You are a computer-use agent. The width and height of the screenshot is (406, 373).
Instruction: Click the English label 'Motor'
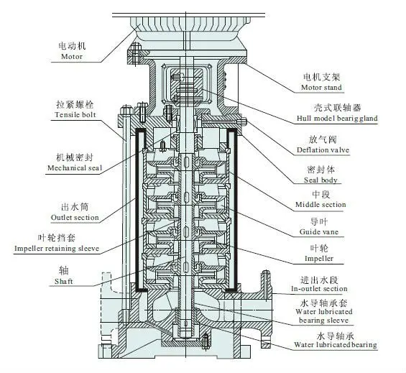tap(72, 57)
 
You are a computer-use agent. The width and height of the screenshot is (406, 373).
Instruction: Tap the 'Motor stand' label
tap(321, 88)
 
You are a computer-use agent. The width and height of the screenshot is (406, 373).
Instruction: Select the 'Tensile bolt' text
tap(75, 115)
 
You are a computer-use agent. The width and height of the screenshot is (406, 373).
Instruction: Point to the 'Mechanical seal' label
tap(75, 168)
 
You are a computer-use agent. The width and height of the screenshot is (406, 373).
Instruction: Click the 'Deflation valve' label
tap(323, 150)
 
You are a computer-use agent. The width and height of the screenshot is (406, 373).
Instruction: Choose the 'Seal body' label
tap(320, 180)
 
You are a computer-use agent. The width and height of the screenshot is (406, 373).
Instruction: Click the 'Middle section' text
tap(320, 205)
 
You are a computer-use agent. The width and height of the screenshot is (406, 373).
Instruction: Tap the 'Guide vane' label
tap(319, 232)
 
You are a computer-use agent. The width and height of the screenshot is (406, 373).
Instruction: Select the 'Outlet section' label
tap(75, 218)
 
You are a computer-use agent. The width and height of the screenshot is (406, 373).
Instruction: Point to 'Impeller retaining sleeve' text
tap(57, 249)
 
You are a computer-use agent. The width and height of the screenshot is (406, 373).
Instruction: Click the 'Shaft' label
tap(64, 281)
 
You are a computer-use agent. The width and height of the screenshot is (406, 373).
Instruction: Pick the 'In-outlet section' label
tap(319, 289)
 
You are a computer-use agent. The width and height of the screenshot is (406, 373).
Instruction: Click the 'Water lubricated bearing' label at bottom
tap(336, 345)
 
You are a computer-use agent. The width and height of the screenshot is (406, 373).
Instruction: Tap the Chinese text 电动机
tap(72, 46)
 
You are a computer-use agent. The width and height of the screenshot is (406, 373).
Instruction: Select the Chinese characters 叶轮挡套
tap(57, 238)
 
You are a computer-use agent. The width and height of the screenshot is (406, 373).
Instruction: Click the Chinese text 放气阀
tap(323, 139)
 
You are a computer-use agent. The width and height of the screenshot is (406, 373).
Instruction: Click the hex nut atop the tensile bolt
tap(126, 111)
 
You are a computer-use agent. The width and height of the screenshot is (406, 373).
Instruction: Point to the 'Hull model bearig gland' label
tap(337, 119)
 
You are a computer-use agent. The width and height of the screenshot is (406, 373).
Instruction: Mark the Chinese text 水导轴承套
tap(323, 303)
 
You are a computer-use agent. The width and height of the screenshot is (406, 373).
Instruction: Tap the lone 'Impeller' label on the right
tap(319, 259)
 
